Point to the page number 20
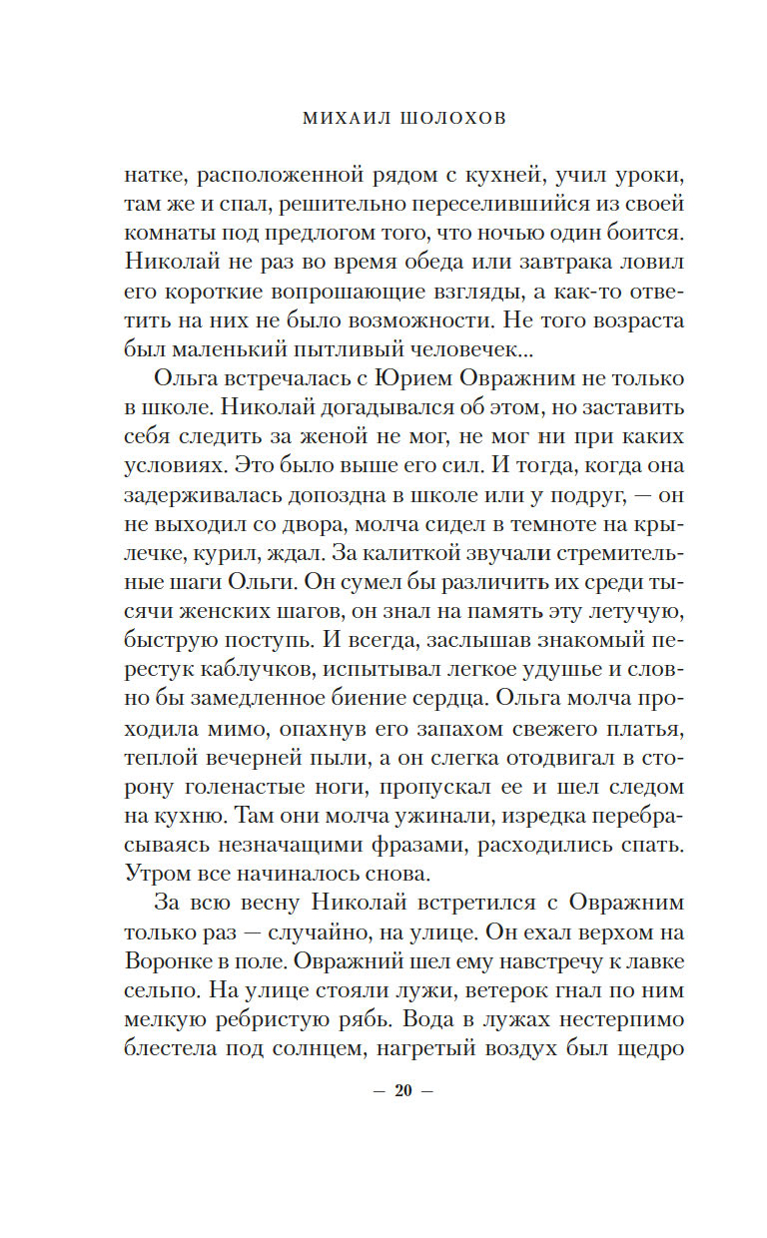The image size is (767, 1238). point(403,1090)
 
